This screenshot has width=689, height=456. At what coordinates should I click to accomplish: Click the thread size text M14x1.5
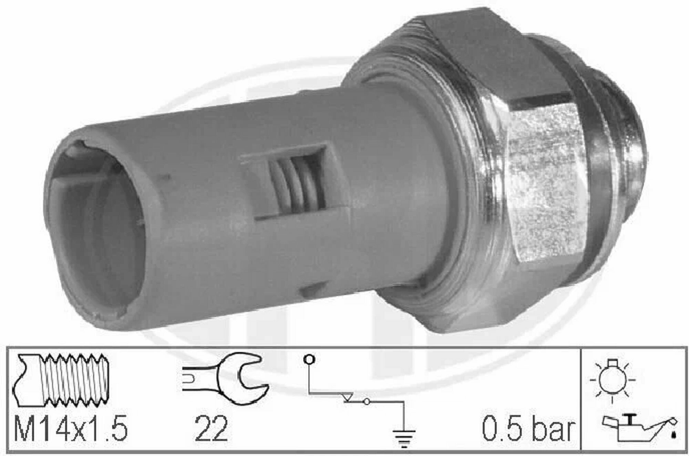click(71, 428)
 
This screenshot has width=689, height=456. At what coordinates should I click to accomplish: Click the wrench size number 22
click(211, 428)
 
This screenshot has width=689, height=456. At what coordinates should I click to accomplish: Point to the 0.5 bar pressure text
click(529, 429)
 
